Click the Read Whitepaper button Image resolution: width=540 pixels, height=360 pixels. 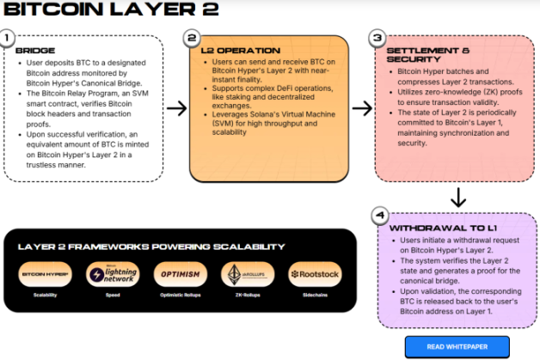coord(457,346)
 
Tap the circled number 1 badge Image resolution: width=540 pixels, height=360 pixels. coord(8,40)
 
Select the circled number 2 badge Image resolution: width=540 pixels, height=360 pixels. coord(193,39)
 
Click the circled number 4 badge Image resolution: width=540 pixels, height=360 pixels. coord(379,215)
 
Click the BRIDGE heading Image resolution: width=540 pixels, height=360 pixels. coord(34,51)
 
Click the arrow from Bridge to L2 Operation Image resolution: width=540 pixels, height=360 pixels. coord(175,108)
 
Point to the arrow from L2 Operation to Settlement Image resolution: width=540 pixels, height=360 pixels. coord(362,108)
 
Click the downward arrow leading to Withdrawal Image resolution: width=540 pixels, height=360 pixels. coord(458,198)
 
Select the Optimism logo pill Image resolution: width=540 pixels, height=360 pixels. coord(178,275)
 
